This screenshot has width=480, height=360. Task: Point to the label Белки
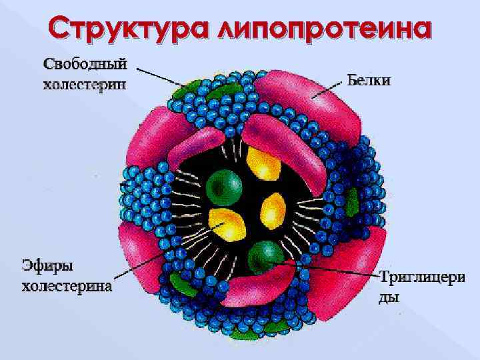369,81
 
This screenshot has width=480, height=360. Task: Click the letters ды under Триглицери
389,297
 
